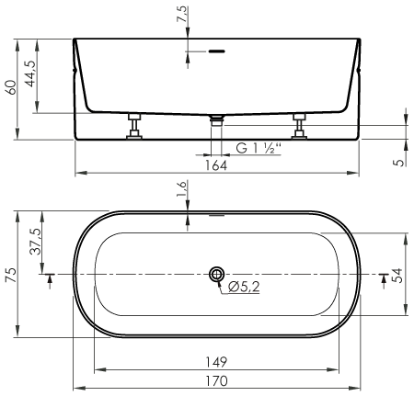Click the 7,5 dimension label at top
click(x=181, y=14)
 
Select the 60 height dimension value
click(x=11, y=87)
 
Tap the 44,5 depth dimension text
click(x=30, y=74)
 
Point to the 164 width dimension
click(x=216, y=165)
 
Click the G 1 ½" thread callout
click(x=259, y=149)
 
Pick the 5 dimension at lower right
click(x=399, y=162)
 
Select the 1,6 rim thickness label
click(x=181, y=189)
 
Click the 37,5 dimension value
click(x=35, y=242)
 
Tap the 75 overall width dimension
click(x=11, y=275)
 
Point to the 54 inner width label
click(x=397, y=276)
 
